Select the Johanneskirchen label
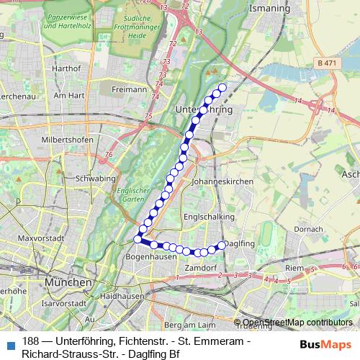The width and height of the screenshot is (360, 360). tap(223, 182)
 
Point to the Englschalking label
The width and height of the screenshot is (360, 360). tap(210, 215)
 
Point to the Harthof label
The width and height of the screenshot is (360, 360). tap(65, 68)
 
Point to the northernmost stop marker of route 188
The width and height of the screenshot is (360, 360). tap(222, 87)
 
